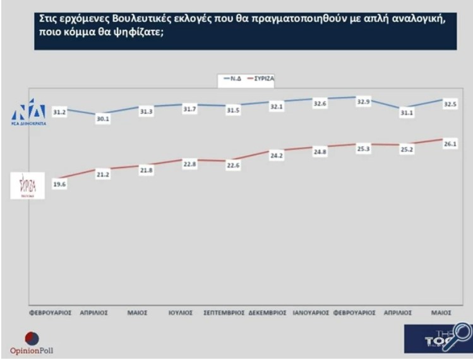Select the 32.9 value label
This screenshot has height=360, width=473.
[363, 100]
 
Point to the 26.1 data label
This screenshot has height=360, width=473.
[450, 144]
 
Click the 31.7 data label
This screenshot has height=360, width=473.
[190, 109]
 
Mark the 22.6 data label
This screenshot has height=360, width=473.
[233, 165]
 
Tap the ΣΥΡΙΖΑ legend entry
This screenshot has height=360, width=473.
[261, 78]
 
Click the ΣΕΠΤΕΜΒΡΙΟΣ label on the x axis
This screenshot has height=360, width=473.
[224, 313]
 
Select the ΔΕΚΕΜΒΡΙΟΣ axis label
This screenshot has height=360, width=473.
[269, 313]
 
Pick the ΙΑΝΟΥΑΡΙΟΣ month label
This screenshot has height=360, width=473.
[311, 313]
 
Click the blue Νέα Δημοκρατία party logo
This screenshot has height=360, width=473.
[29, 112]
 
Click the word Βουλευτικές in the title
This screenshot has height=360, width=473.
[125, 19]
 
